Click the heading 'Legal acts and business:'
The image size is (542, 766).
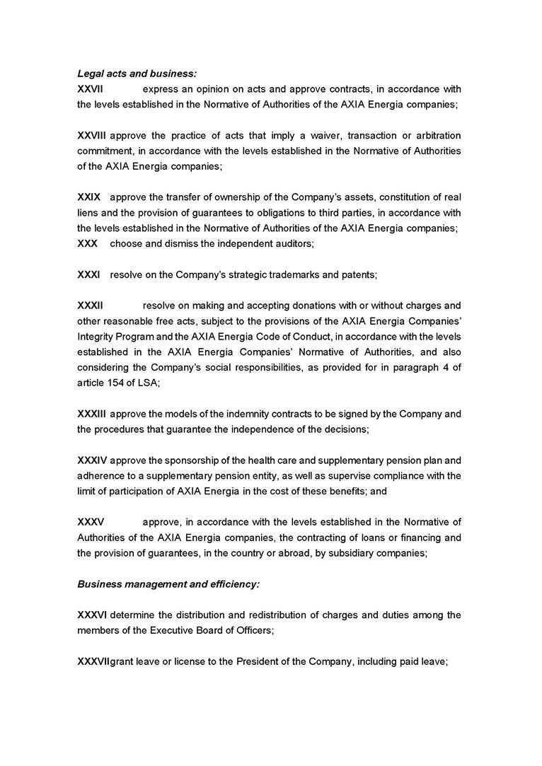137,74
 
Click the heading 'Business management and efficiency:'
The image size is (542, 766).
168,584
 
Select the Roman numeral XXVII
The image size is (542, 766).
91,89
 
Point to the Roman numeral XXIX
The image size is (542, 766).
88,197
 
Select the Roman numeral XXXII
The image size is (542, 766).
91,306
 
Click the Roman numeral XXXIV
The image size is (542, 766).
92,460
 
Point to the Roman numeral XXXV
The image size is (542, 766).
91,522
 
